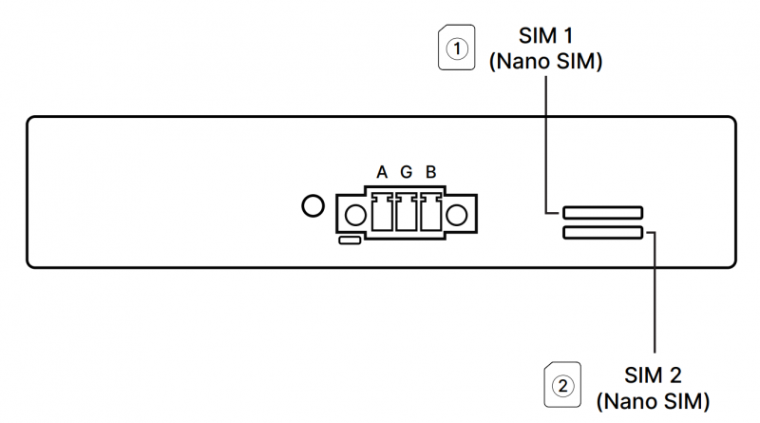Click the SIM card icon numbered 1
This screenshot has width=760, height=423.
(457, 48)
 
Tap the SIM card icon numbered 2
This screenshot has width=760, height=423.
(562, 385)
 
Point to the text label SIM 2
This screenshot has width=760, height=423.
(653, 374)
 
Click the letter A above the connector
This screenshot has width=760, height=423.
(382, 172)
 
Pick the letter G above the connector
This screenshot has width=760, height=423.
(406, 172)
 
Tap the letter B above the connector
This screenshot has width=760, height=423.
(430, 172)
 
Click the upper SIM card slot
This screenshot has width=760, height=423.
(602, 212)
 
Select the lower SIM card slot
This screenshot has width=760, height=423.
(602, 232)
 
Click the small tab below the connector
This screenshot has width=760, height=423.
(349, 241)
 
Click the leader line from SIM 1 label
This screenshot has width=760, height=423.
(546, 143)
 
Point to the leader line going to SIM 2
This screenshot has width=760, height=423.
(655, 295)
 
